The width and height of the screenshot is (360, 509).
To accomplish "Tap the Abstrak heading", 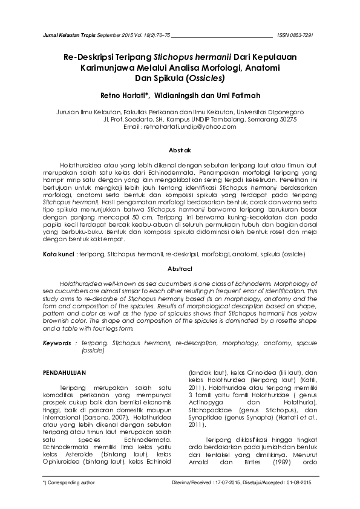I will (x=180, y=149).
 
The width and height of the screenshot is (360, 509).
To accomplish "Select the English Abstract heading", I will (x=180, y=268).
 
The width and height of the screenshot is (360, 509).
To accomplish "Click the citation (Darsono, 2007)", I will (x=119, y=418).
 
